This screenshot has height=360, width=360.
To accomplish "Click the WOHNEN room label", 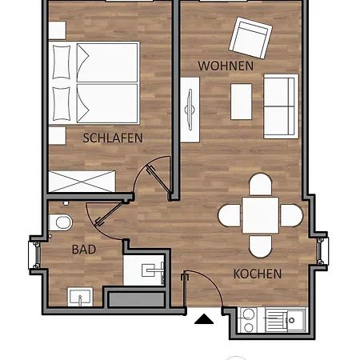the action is [226, 66].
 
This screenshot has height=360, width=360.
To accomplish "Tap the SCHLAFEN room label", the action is [113, 138].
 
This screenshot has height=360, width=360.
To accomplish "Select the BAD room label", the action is [84, 250].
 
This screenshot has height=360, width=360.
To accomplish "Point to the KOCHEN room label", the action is [258, 274].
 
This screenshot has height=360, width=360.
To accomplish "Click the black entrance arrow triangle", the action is [204, 319].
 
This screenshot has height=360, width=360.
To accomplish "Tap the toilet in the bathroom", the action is [61, 222].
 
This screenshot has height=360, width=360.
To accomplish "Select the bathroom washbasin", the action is [80, 297].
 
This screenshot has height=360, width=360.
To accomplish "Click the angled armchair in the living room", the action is [250, 38].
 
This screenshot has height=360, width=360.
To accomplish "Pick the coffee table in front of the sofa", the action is [241, 102].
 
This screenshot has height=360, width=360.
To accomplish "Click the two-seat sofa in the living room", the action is [281, 106].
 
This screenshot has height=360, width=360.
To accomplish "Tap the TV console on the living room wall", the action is [190, 110].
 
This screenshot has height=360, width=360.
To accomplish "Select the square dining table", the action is [261, 215].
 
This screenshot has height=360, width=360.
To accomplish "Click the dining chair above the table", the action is [261, 185].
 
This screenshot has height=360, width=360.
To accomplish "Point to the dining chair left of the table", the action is [230, 215].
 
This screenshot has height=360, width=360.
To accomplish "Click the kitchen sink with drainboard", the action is [286, 320].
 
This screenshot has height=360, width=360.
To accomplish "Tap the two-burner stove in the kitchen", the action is [248, 320].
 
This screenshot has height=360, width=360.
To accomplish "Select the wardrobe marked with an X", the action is [82, 182].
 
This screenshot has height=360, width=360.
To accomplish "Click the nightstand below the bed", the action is [57, 136].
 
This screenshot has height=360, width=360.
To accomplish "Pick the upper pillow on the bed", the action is [62, 62].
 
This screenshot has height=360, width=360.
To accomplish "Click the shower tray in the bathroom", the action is [144, 270].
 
